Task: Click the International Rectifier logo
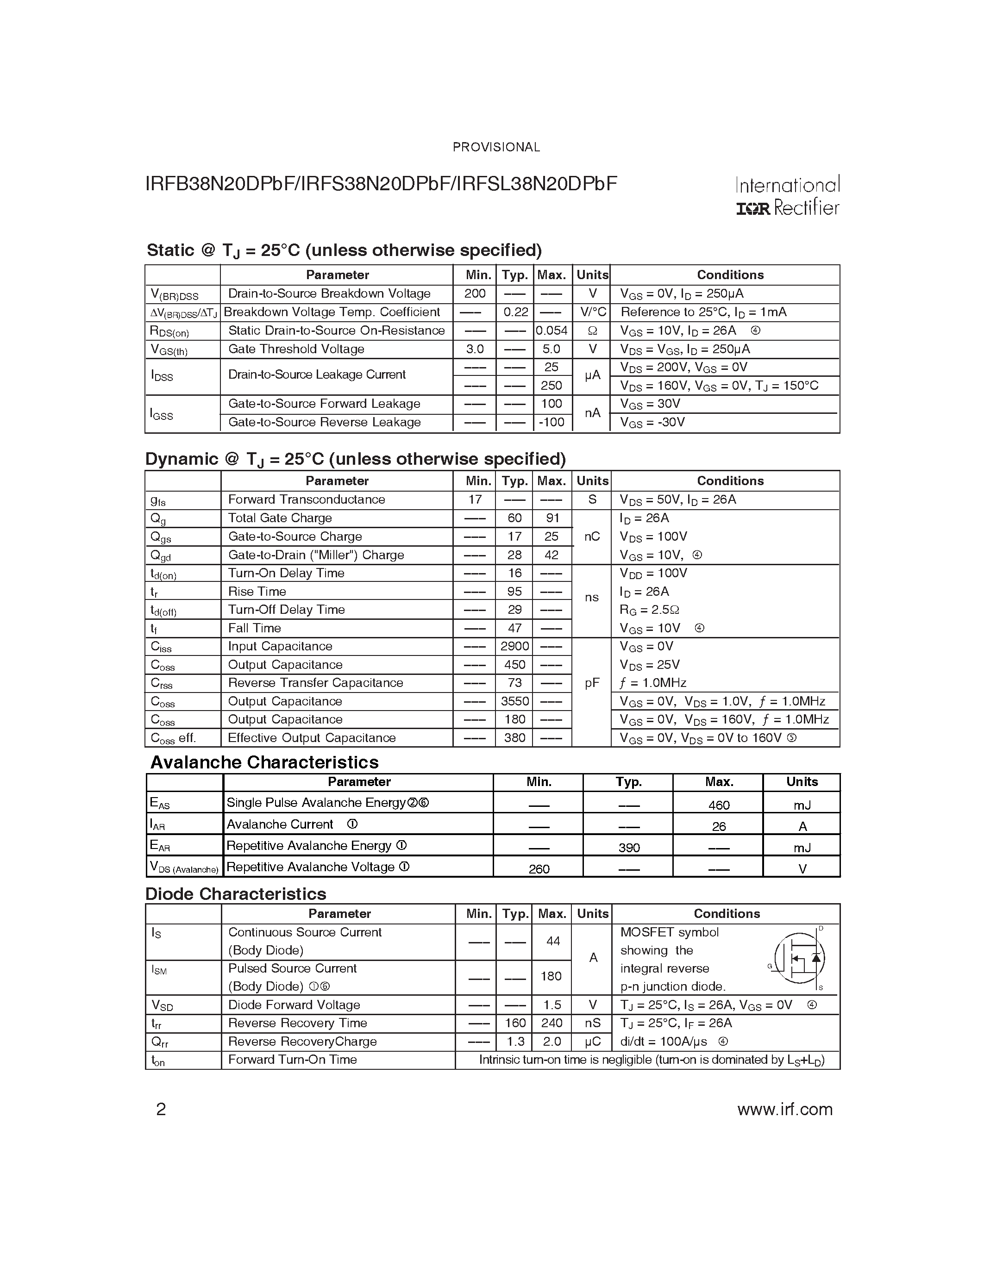click(x=787, y=196)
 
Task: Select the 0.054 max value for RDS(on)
click(x=552, y=331)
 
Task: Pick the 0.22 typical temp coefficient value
click(x=515, y=312)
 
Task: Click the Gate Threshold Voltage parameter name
click(x=296, y=349)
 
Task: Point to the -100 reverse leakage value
click(x=552, y=422)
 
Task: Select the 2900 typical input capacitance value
click(x=515, y=646)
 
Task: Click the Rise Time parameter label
click(x=257, y=591)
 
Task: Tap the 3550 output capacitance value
click(x=515, y=701)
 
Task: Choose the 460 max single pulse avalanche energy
click(x=719, y=805)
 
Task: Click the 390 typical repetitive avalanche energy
click(x=629, y=848)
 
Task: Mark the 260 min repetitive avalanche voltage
click(x=539, y=869)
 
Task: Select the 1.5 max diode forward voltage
click(x=552, y=1005)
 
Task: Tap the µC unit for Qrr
click(x=592, y=1042)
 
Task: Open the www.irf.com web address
click(x=784, y=1109)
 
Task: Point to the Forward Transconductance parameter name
click(x=306, y=499)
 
